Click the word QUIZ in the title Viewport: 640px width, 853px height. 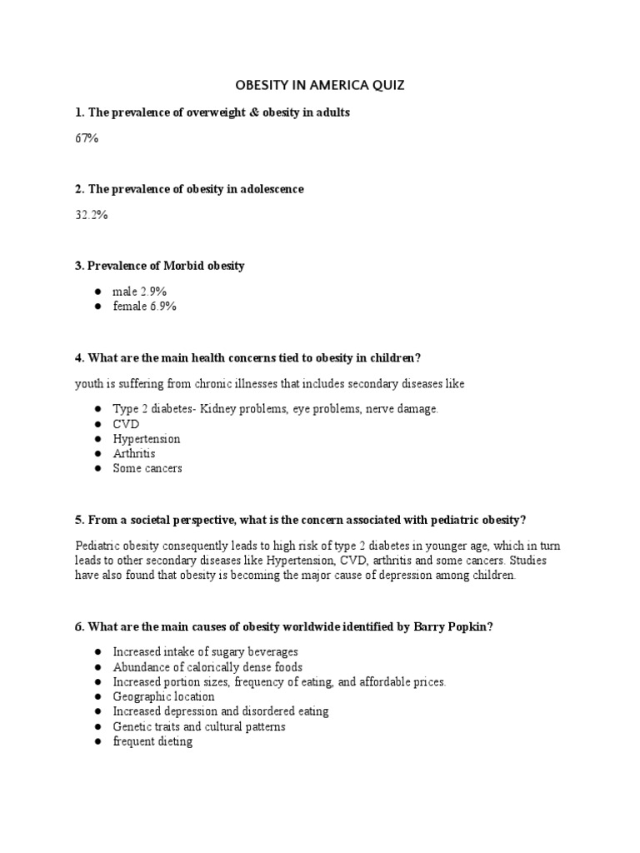click(387, 86)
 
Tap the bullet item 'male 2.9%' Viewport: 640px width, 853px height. click(141, 292)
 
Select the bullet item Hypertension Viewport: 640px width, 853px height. click(147, 439)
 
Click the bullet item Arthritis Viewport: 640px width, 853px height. click(134, 454)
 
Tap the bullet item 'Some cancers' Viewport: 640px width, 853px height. click(147, 469)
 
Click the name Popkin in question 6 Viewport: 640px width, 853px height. click(471, 626)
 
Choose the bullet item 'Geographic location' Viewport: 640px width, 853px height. click(164, 696)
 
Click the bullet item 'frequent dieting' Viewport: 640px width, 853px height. click(152, 741)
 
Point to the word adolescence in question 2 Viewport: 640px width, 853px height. click(265, 189)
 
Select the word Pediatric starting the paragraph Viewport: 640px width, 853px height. click(97, 546)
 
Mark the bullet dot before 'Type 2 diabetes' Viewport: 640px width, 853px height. click(97, 409)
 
